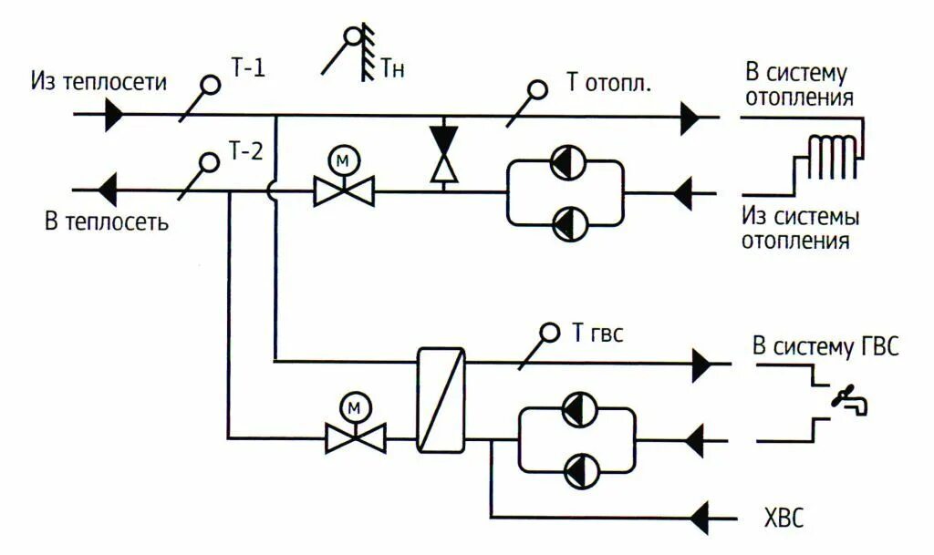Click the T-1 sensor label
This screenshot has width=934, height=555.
246,68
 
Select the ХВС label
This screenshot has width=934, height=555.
784,519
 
